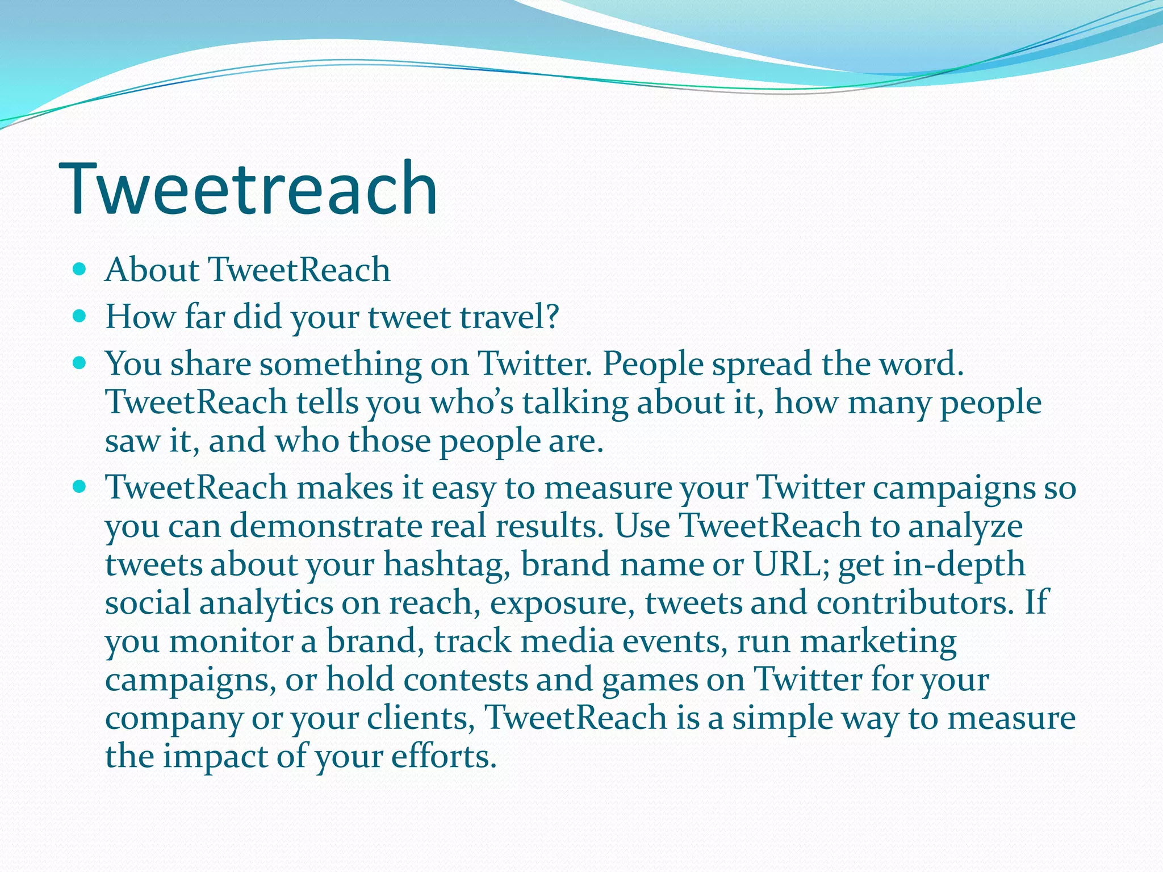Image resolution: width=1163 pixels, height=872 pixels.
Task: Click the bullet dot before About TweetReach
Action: point(80,269)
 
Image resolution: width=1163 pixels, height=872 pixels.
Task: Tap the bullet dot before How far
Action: point(80,316)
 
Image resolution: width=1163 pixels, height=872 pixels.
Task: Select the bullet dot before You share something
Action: point(80,363)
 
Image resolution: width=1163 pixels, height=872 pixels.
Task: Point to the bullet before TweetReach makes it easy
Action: point(80,487)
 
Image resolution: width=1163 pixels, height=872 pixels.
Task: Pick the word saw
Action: point(133,441)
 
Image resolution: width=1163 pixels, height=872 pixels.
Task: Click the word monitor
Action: point(230,642)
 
